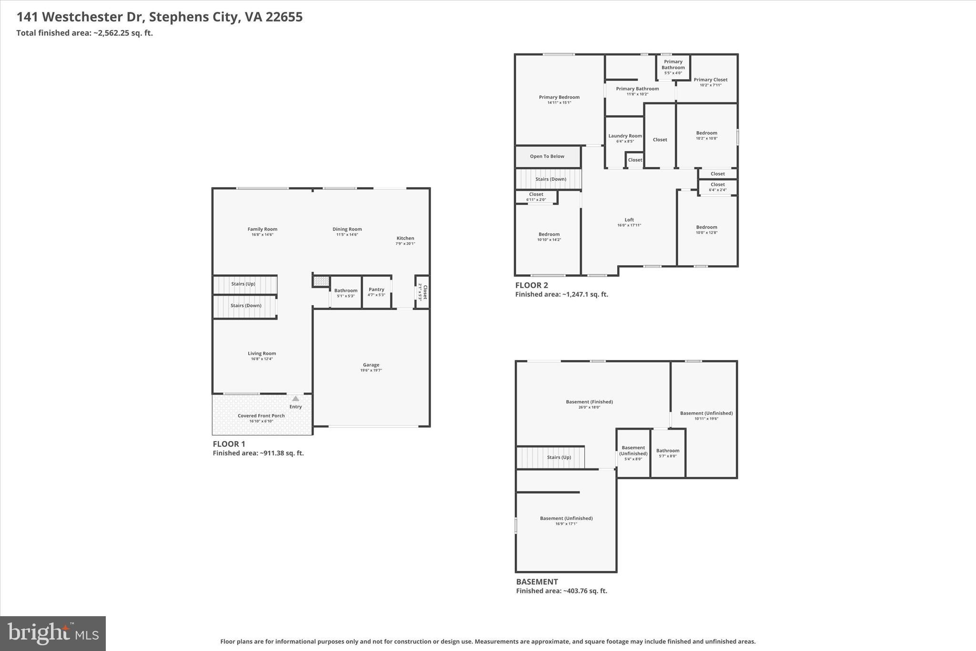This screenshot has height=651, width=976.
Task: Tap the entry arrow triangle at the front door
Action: [x=295, y=399]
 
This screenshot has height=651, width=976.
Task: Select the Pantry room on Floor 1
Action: [x=376, y=292]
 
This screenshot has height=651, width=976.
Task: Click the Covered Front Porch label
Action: [x=261, y=416]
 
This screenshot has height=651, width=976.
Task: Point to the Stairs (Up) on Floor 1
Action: [x=244, y=284]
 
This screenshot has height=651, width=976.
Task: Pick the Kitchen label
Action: [x=405, y=238]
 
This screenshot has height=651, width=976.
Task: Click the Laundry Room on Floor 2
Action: [x=625, y=138]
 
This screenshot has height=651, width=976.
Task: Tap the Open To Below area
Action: [x=547, y=156]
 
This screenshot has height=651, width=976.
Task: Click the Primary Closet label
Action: [x=710, y=80]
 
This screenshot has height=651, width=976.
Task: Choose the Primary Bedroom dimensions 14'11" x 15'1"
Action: [x=559, y=103]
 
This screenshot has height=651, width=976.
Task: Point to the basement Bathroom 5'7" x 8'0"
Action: [x=668, y=453]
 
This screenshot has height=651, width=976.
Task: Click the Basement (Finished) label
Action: [x=589, y=402]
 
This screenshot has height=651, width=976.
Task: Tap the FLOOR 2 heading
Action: [x=531, y=285]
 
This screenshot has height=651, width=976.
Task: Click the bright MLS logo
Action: [x=53, y=633]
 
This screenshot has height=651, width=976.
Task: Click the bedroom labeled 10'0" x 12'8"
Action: [x=706, y=229]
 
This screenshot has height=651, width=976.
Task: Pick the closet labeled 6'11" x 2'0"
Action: [x=536, y=196]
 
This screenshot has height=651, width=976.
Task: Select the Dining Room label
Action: [x=347, y=229]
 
